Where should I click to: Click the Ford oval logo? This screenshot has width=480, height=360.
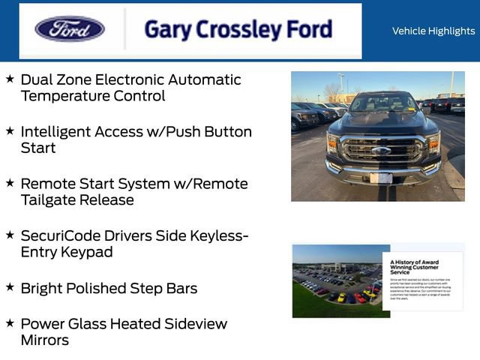pos(70,30)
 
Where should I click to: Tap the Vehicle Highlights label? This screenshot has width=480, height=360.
pos(433,31)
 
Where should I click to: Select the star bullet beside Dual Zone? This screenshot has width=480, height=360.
pos(10,78)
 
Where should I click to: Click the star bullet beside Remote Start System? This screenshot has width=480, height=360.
pos(10,182)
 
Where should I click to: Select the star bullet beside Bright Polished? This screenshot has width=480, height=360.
pos(10,286)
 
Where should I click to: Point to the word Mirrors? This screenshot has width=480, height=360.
pos(45,340)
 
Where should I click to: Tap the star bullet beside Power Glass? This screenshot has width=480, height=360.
pos(10,322)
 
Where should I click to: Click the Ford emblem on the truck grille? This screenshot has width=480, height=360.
pos(381,150)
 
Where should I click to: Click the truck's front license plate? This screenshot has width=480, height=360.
pos(380,178)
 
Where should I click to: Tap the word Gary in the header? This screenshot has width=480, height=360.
pos(166,30)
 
